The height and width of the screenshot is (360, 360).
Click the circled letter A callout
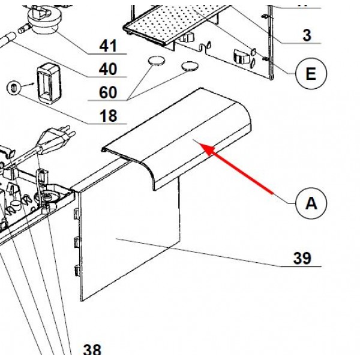311,203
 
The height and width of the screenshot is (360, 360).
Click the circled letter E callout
311,74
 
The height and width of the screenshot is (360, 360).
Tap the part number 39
302,259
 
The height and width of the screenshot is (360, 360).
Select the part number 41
108,46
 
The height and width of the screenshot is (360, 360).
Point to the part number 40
108,70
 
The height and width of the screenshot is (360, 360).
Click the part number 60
108,92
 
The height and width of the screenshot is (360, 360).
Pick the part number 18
108,116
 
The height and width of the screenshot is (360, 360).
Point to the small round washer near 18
11,88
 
